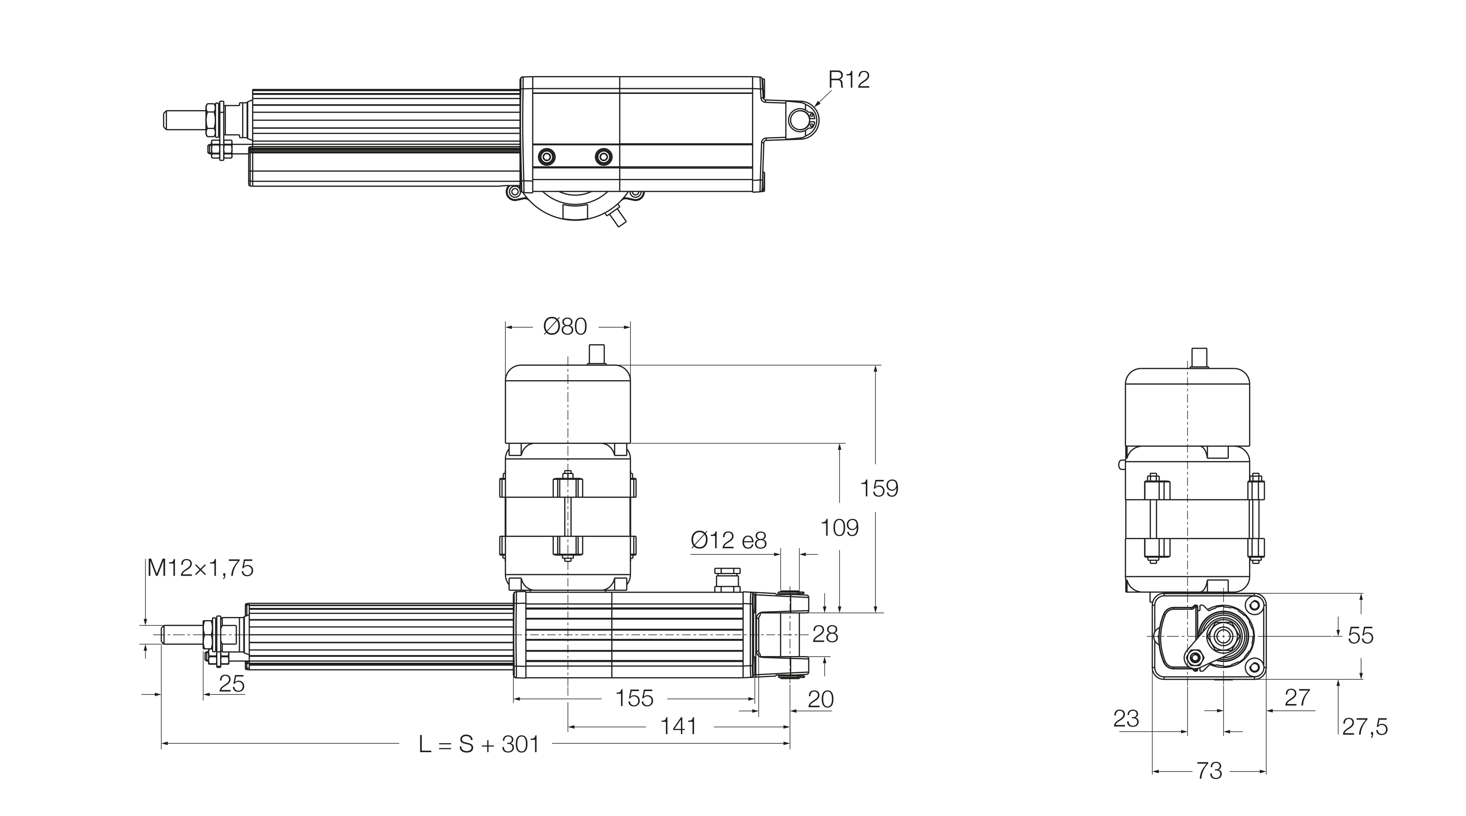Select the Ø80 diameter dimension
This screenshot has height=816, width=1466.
(x=565, y=327)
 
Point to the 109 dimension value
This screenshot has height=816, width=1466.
(x=839, y=528)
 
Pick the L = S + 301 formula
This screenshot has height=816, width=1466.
(x=479, y=744)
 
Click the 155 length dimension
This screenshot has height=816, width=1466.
(x=635, y=699)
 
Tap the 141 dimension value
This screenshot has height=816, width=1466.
(x=678, y=727)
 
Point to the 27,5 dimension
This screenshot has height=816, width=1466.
(x=1364, y=727)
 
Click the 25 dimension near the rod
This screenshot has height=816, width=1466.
(x=232, y=684)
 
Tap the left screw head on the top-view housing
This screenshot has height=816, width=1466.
(x=547, y=156)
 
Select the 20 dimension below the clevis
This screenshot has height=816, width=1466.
(x=820, y=700)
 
